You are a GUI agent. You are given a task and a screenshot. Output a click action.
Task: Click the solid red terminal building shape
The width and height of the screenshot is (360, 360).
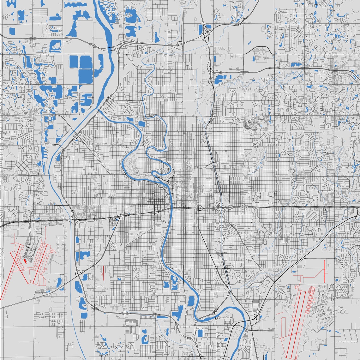pyautogui.click(x=25, y=261)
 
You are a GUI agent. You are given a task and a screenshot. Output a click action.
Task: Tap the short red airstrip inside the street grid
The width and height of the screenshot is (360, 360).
pyautogui.click(x=103, y=273)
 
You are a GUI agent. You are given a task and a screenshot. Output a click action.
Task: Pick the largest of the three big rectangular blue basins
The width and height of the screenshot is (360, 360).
pyautogui.click(x=86, y=76)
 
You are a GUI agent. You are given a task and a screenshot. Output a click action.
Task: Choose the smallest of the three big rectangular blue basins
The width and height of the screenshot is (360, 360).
pyautogui.click(x=74, y=62)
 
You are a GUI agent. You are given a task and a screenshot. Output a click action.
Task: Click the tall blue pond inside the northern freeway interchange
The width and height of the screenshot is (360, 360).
pyautogui.click(x=201, y=29)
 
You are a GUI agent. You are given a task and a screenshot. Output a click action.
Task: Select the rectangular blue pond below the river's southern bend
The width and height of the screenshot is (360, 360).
pyautogui.click(x=200, y=333)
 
